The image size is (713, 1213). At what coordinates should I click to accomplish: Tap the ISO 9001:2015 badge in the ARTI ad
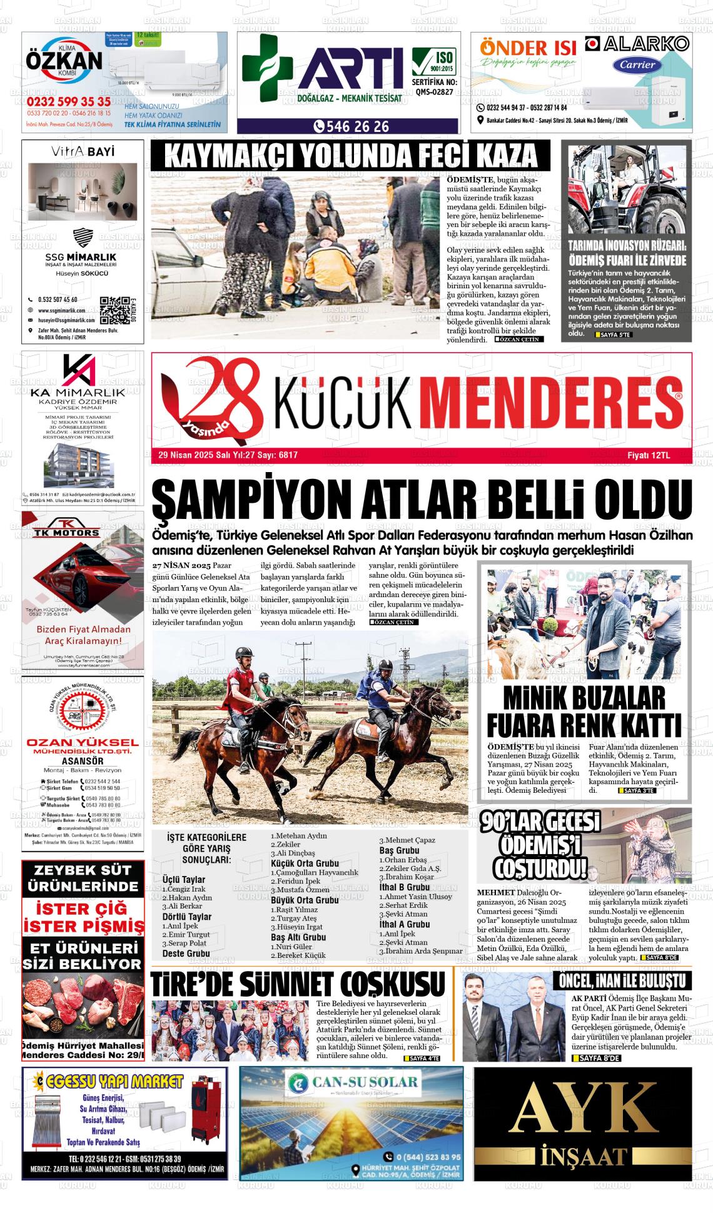click(x=434, y=63)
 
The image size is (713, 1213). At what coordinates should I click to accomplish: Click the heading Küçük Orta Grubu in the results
click(x=305, y=863)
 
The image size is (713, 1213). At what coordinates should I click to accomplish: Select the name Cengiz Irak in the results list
click(x=184, y=889)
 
